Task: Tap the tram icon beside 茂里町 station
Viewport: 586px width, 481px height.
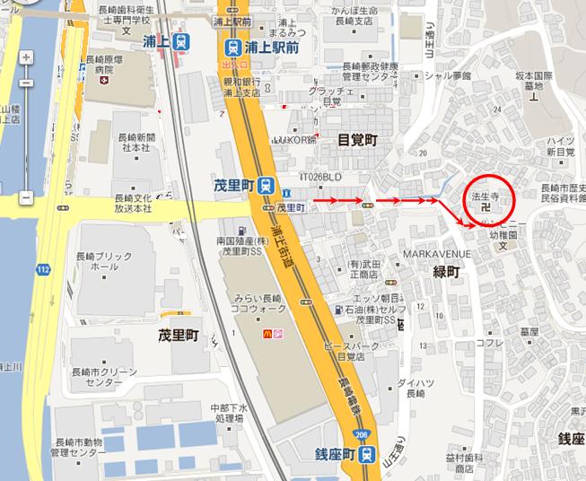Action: click(267, 186)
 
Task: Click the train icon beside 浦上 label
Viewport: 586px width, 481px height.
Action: click(181, 41)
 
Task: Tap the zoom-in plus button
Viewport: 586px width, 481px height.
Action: click(26, 58)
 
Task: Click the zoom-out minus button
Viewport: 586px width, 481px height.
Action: click(26, 197)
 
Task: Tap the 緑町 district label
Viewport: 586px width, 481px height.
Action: click(445, 272)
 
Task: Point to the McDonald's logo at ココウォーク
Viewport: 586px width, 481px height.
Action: click(266, 334)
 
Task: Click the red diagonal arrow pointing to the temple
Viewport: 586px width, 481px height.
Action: click(453, 215)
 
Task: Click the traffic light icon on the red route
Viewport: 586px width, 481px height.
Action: click(365, 206)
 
